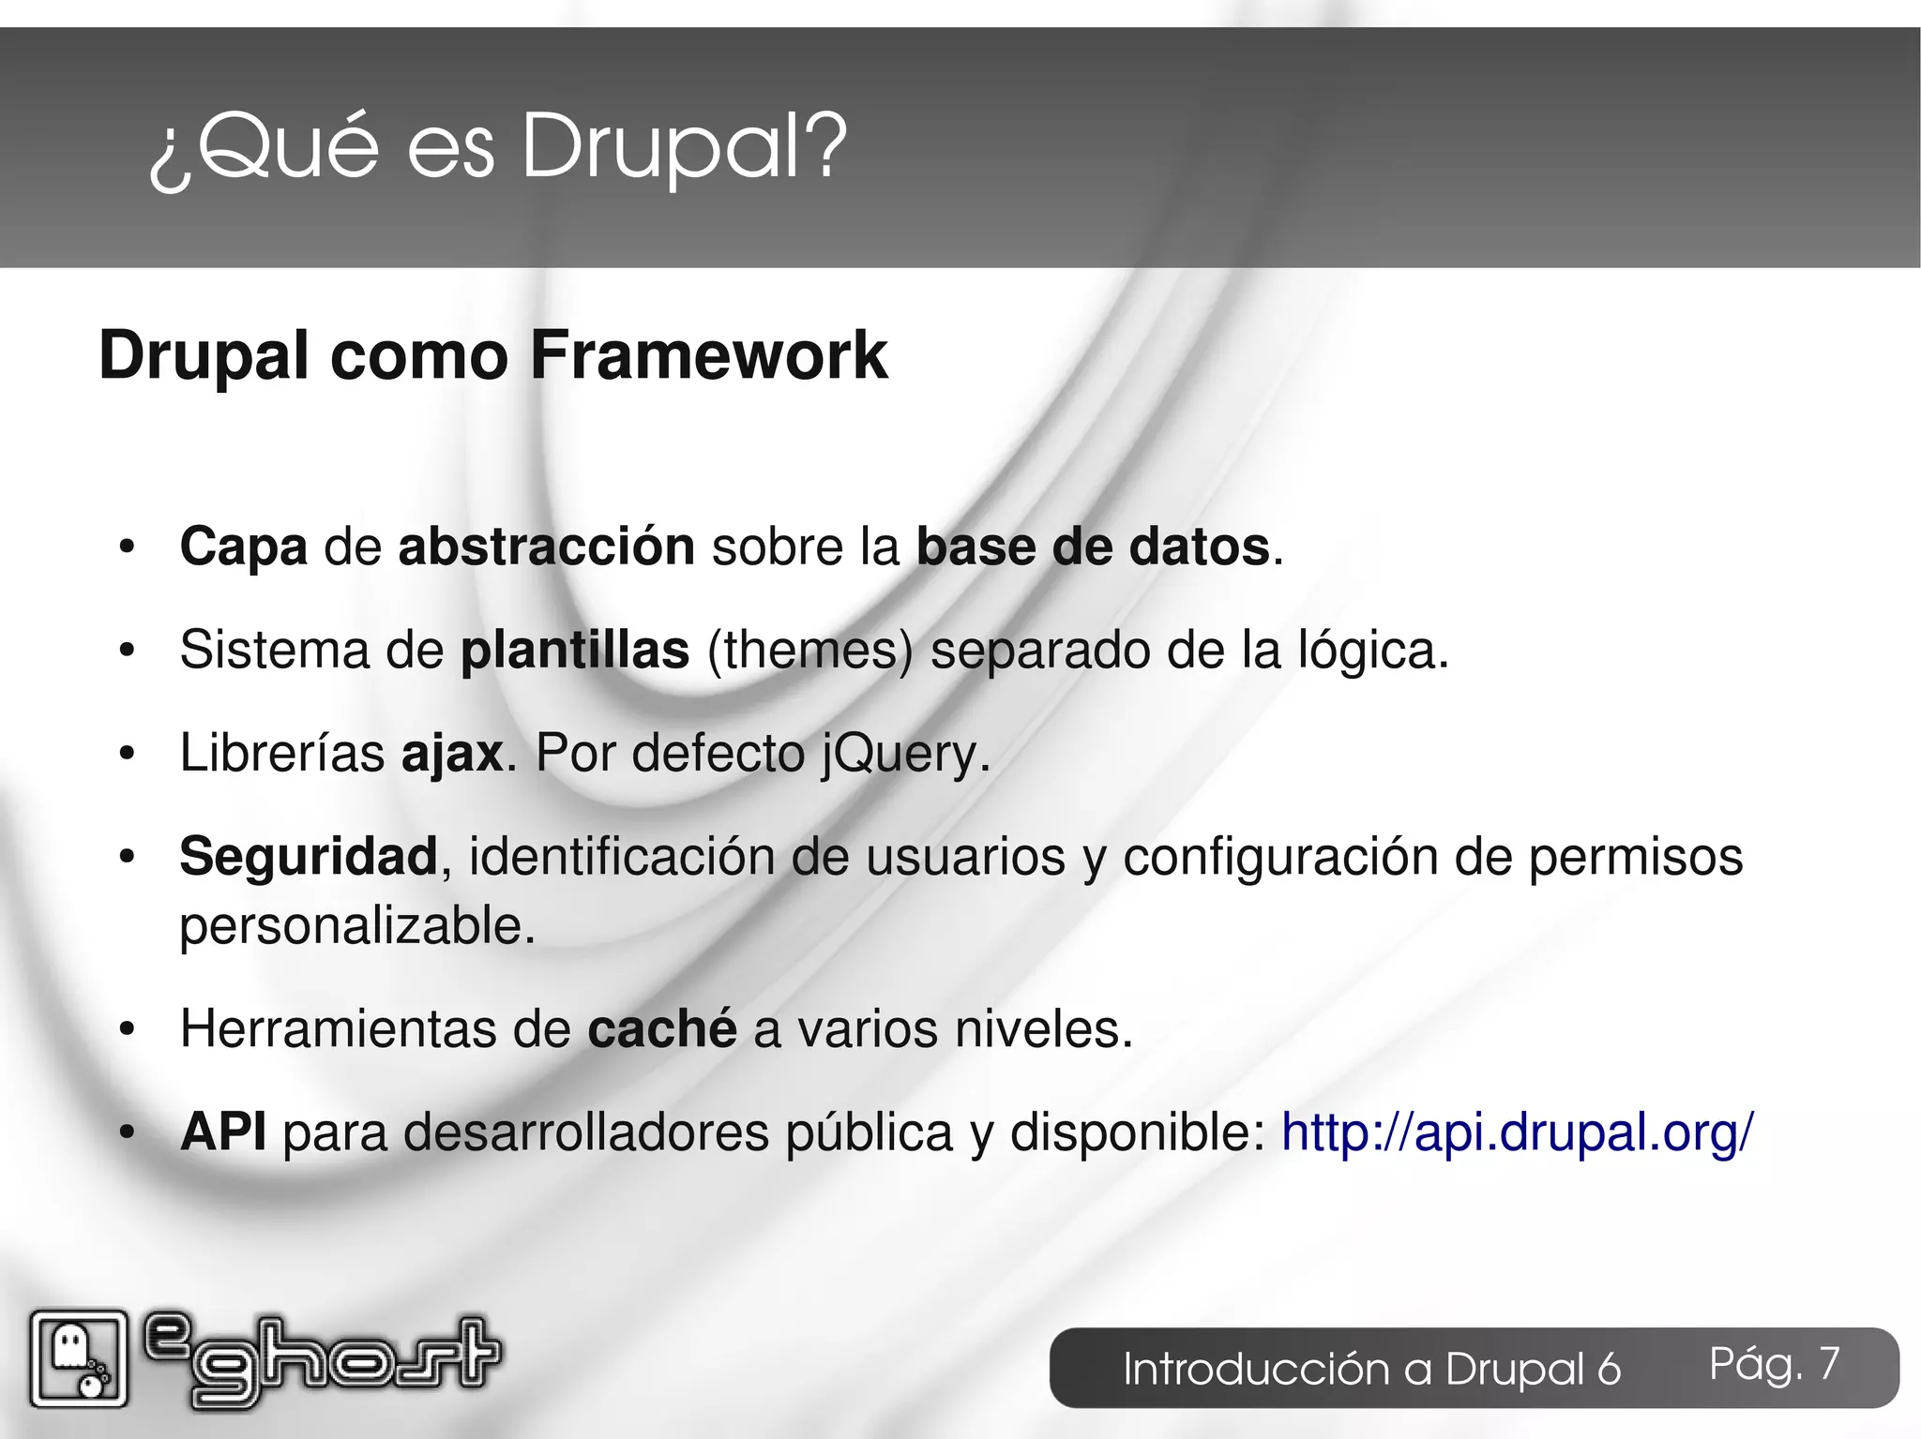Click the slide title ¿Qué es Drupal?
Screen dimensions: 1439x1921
(x=497, y=147)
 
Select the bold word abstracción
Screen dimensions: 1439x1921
(x=546, y=547)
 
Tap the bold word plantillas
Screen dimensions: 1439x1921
(x=575, y=650)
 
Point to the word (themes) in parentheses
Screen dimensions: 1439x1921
(x=809, y=650)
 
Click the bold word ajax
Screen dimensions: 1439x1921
(x=452, y=753)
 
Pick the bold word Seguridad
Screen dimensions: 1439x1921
(x=308, y=856)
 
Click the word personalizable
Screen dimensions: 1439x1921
(x=356, y=926)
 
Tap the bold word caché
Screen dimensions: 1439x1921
(x=662, y=1029)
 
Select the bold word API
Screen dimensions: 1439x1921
(x=223, y=1132)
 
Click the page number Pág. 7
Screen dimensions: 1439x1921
(x=1774, y=1364)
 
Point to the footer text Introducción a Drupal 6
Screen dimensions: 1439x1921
(x=1371, y=1369)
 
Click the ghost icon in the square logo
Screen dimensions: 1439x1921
(x=69, y=1350)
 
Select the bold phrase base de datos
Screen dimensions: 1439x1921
(x=1093, y=547)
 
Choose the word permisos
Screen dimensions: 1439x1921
(x=1635, y=856)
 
